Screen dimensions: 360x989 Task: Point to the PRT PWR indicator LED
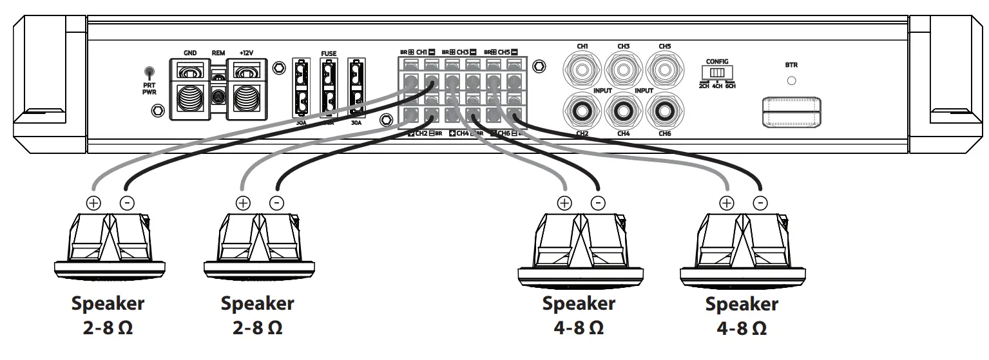coord(149,71)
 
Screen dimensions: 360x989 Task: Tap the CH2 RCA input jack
coord(582,111)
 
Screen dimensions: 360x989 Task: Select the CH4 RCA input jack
coord(623,111)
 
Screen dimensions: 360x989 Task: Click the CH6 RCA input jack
coord(665,111)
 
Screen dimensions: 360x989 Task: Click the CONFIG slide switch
coord(717,73)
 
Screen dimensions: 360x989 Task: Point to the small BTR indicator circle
coord(792,82)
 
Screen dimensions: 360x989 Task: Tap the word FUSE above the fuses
coord(329,53)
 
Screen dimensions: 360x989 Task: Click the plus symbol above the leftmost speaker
coord(93,202)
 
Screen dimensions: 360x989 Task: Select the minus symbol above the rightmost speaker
coord(760,202)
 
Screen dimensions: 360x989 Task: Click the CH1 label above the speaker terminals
coord(421,51)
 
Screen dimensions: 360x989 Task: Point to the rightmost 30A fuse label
coord(356,122)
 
